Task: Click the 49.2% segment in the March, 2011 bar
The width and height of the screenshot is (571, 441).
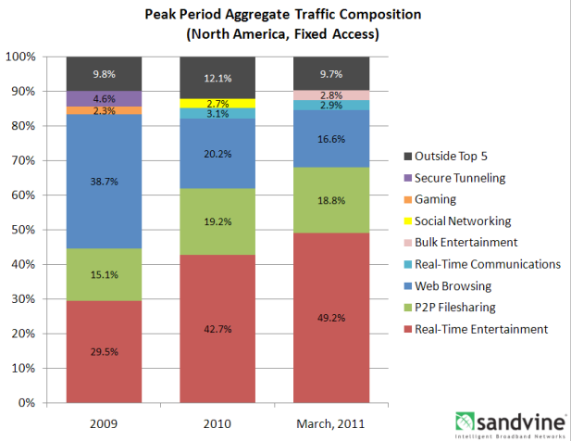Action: pos(331,318)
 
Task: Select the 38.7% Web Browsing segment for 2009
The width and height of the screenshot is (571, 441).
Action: pos(104,195)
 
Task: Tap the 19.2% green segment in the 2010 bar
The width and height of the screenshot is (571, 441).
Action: pos(217,221)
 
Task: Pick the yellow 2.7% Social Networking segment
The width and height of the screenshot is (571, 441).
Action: pos(217,103)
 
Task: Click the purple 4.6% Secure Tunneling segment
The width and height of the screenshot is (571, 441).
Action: pos(104,98)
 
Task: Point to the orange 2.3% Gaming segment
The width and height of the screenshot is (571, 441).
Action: pos(104,110)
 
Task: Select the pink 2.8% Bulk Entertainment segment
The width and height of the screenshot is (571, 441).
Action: pos(331,95)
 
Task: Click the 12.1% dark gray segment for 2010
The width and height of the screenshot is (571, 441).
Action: pos(217,77)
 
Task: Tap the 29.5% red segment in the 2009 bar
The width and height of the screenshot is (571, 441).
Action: pos(104,352)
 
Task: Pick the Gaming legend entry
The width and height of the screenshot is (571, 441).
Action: pos(435,198)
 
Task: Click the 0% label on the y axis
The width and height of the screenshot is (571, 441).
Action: pos(27,404)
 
